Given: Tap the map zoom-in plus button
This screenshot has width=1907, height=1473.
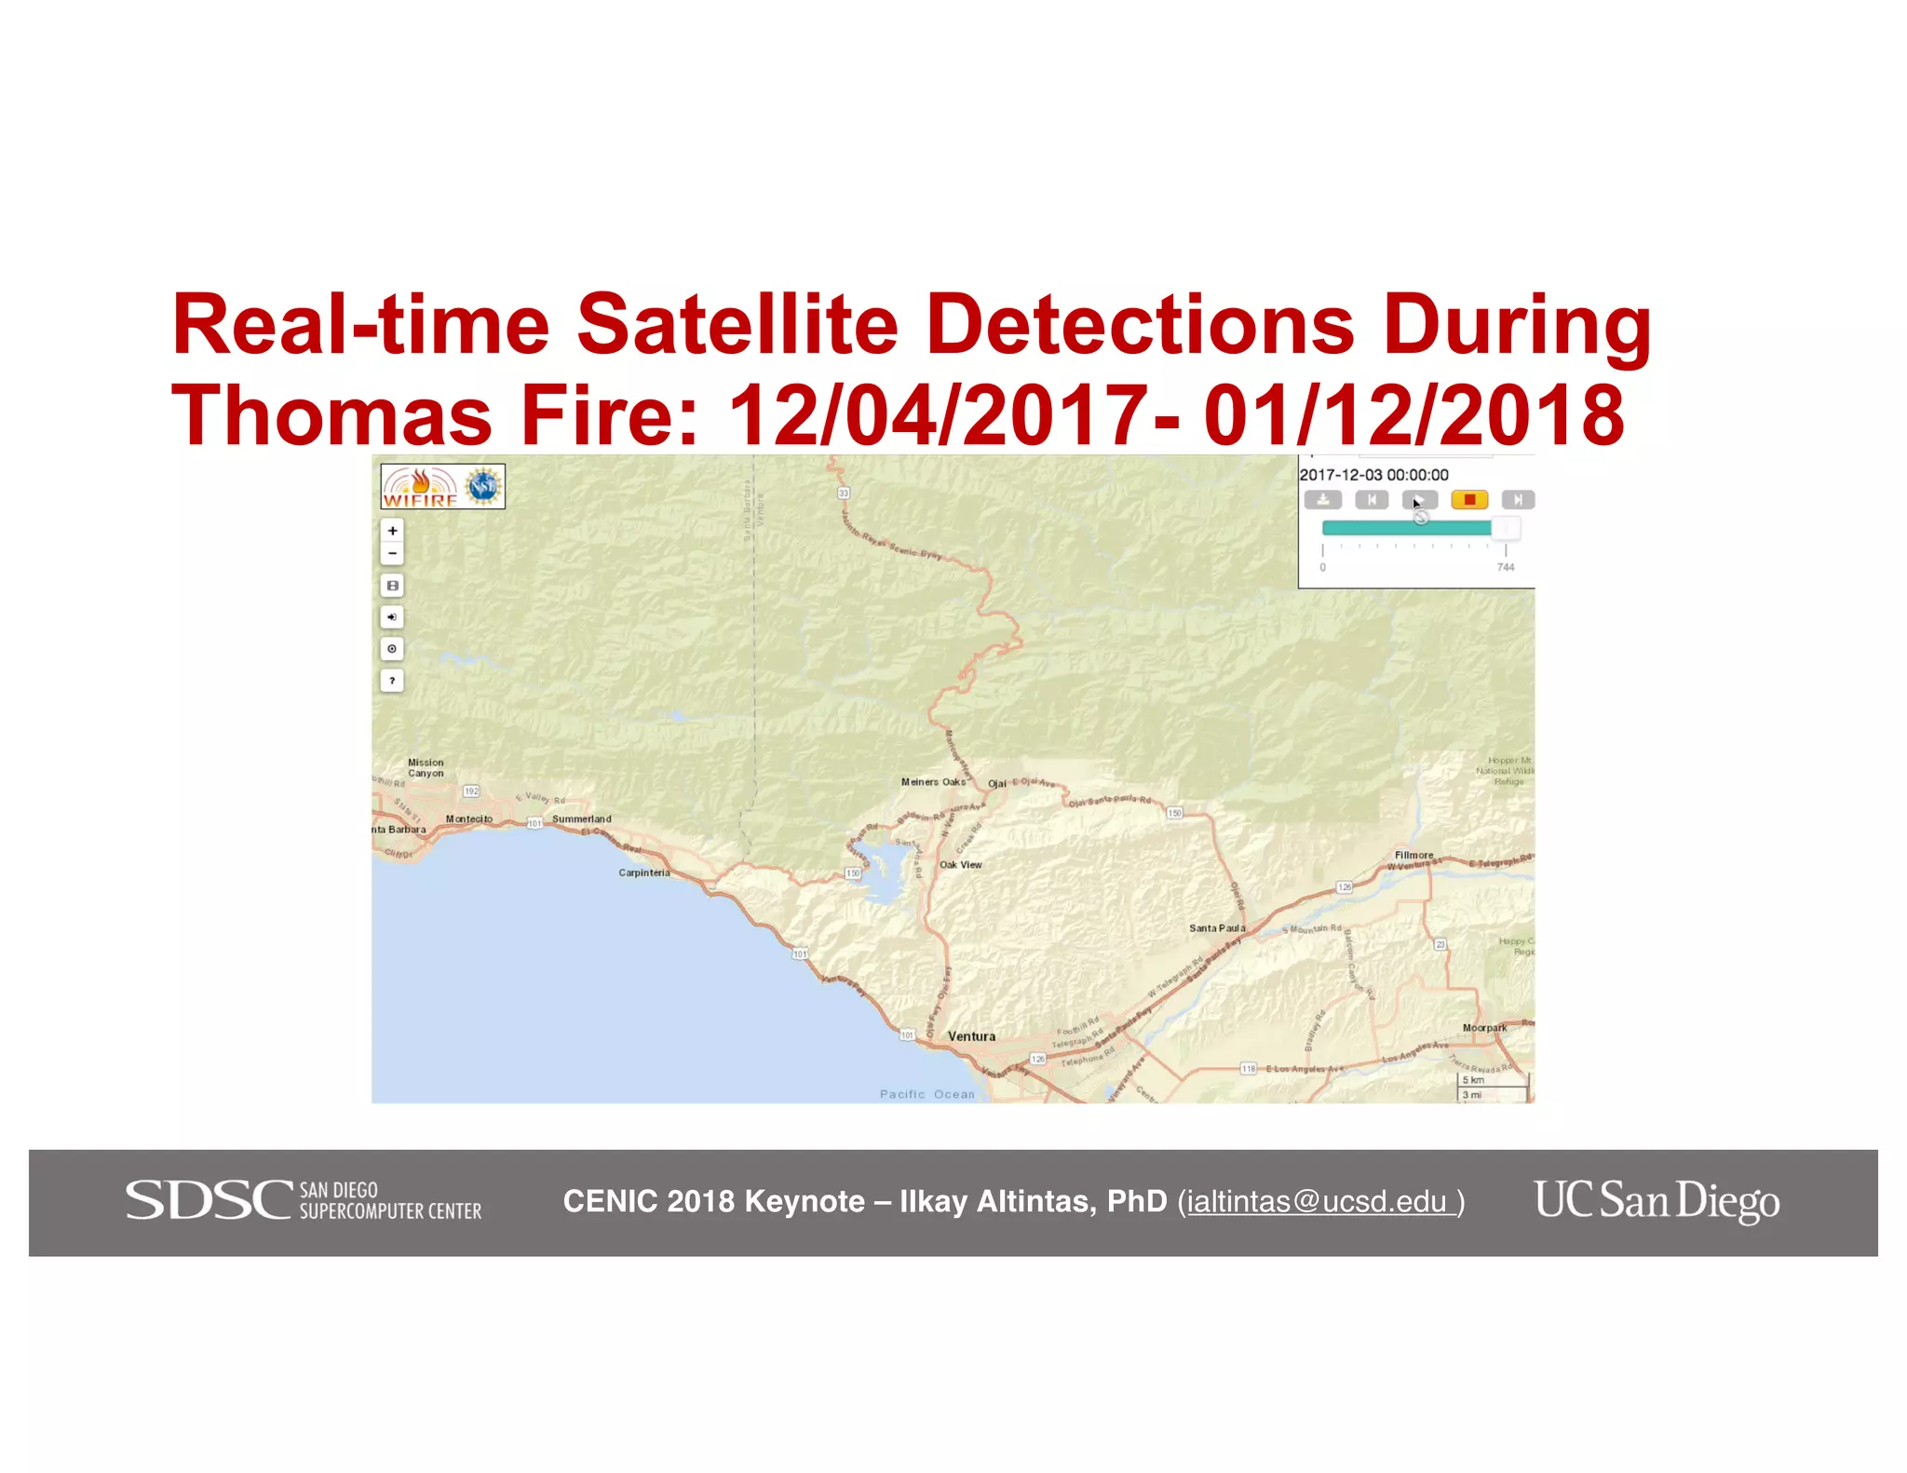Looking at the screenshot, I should click(392, 531).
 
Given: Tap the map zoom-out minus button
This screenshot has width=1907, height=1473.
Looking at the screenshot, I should click(392, 554).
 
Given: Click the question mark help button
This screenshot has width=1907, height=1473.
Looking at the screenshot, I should click(392, 681).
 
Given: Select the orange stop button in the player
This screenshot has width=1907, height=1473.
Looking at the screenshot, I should click(1469, 500).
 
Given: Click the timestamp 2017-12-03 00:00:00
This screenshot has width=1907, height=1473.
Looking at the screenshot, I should click(1373, 475).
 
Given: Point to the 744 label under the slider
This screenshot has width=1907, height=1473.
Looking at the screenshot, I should click(1506, 567).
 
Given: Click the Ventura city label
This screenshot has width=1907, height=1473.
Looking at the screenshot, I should click(971, 1036).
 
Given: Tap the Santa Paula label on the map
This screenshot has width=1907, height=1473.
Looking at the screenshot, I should click(1216, 928).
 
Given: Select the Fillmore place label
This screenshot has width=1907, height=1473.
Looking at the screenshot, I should click(1413, 855).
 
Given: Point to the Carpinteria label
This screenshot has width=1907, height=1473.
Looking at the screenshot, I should click(644, 872).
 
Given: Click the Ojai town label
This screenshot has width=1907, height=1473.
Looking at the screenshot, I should click(996, 783).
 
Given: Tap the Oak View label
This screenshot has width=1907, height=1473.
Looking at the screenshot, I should click(960, 865).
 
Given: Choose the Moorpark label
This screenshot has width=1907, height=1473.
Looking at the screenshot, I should click(1484, 1028).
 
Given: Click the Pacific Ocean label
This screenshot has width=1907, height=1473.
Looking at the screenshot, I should click(926, 1094).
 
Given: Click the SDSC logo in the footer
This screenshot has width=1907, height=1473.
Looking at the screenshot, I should click(304, 1201).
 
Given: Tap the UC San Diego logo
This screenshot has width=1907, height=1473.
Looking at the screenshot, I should click(1657, 1201).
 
